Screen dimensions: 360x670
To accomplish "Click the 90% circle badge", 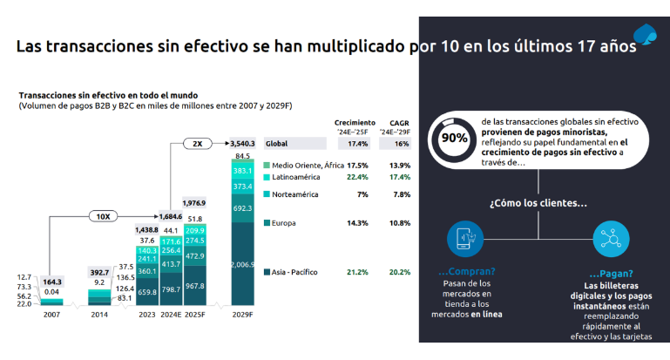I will click(x=453, y=137).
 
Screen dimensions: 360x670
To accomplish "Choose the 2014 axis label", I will click(x=99, y=315).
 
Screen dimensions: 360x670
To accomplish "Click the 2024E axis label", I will click(x=172, y=315).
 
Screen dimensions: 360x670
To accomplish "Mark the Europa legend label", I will click(x=283, y=223).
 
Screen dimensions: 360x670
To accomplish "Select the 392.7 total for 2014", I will click(x=100, y=271).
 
